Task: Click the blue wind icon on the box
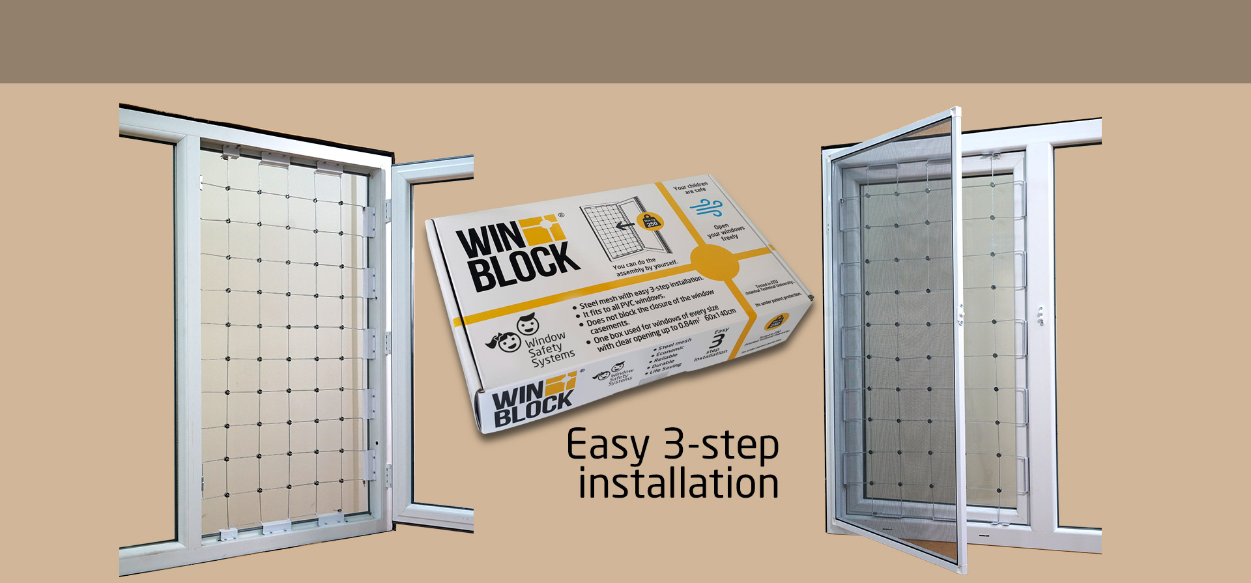pos(706,208)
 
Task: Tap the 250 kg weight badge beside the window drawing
pos(652,221)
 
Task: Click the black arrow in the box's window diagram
pos(625,226)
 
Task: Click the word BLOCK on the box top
pos(525,266)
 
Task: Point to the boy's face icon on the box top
pos(528,324)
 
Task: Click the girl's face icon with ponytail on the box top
pos(508,341)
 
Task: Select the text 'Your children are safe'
pos(691,188)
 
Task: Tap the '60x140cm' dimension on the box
pos(720,315)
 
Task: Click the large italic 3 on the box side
pos(717,341)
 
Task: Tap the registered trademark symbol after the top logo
pos(561,215)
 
